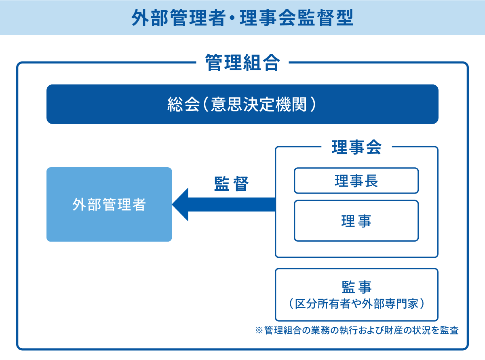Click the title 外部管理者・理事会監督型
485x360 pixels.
242,18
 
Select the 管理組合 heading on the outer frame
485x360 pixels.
242,63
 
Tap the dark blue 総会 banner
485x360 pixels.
242,104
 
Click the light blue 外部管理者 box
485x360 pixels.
109,204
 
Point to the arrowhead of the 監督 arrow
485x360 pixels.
172,204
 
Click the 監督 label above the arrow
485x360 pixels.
231,183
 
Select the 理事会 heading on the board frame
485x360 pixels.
356,147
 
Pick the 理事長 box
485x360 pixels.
356,181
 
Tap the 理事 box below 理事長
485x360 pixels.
356,221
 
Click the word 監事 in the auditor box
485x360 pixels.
356,287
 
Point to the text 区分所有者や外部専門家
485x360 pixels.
356,304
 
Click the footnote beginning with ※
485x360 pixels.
357,330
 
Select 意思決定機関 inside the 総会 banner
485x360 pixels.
259,104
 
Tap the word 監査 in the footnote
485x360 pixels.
449,330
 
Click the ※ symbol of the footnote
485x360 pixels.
259,331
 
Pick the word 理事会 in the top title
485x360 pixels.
268,18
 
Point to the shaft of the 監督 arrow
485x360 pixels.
232,204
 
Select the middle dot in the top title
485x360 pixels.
233,18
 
